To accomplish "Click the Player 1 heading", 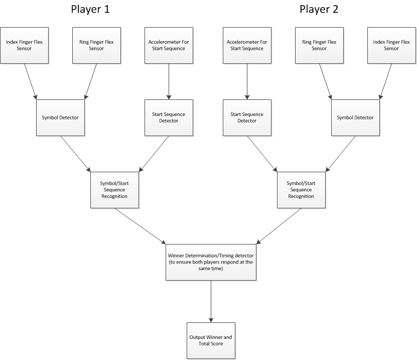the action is point(90,10).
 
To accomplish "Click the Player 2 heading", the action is point(319,10).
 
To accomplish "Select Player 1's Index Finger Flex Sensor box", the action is point(24,45).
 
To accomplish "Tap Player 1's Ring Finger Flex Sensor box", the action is point(96,45).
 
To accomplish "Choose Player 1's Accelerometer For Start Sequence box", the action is point(169,45).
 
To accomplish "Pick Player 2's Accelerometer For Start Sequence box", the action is point(247,45).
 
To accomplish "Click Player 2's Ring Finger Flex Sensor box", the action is point(319,45).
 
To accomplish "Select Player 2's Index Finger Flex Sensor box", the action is point(391,45).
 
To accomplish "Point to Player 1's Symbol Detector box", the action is point(60,117).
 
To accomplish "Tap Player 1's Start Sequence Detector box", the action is point(169,117).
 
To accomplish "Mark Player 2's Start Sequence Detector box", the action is point(247,117).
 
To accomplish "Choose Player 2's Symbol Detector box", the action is point(355,117).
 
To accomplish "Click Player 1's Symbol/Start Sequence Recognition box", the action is point(114,190).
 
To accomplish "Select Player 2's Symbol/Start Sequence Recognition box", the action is point(301,190).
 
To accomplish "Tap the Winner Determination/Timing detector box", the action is point(211,263).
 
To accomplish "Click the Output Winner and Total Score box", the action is point(211,340).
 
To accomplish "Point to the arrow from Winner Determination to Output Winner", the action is point(211,301).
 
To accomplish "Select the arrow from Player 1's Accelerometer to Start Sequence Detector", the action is point(169,81).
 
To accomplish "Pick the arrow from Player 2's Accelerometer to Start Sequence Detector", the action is point(247,81).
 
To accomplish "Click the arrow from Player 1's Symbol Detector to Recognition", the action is point(76,154).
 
